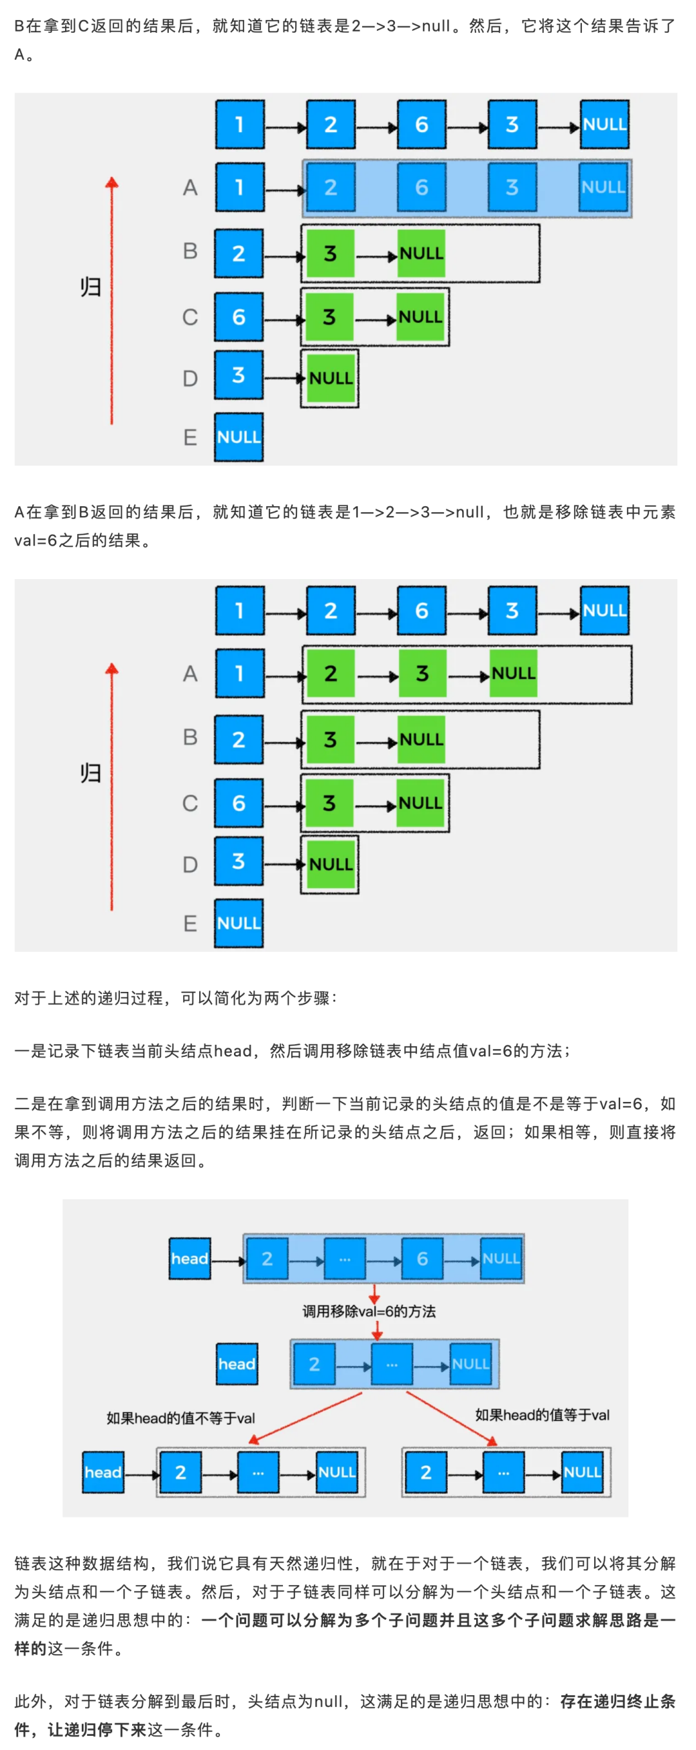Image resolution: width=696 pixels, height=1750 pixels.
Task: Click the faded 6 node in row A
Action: [421, 187]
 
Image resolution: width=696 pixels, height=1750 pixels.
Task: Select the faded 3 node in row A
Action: [512, 187]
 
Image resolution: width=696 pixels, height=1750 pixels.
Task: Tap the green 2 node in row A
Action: [331, 673]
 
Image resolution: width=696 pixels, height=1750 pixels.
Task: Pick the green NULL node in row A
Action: [513, 673]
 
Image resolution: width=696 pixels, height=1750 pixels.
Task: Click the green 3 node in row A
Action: [422, 673]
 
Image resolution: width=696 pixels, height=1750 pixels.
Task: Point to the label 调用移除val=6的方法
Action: [369, 1311]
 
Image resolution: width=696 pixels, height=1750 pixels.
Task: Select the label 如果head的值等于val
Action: [542, 1414]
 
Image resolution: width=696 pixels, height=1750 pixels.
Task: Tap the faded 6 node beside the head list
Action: [422, 1259]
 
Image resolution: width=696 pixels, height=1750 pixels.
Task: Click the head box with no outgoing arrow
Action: [237, 1364]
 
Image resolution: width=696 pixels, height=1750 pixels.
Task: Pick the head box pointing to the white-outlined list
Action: [102, 1472]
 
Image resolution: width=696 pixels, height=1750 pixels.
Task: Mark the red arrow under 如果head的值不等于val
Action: [306, 1417]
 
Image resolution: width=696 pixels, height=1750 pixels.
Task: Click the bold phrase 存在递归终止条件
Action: [617, 1700]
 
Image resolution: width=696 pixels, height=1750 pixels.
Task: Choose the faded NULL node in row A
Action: [603, 187]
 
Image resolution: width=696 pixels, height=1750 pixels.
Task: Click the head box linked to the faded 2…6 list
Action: [189, 1259]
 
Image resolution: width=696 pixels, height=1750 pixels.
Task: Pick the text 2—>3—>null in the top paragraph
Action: [401, 26]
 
